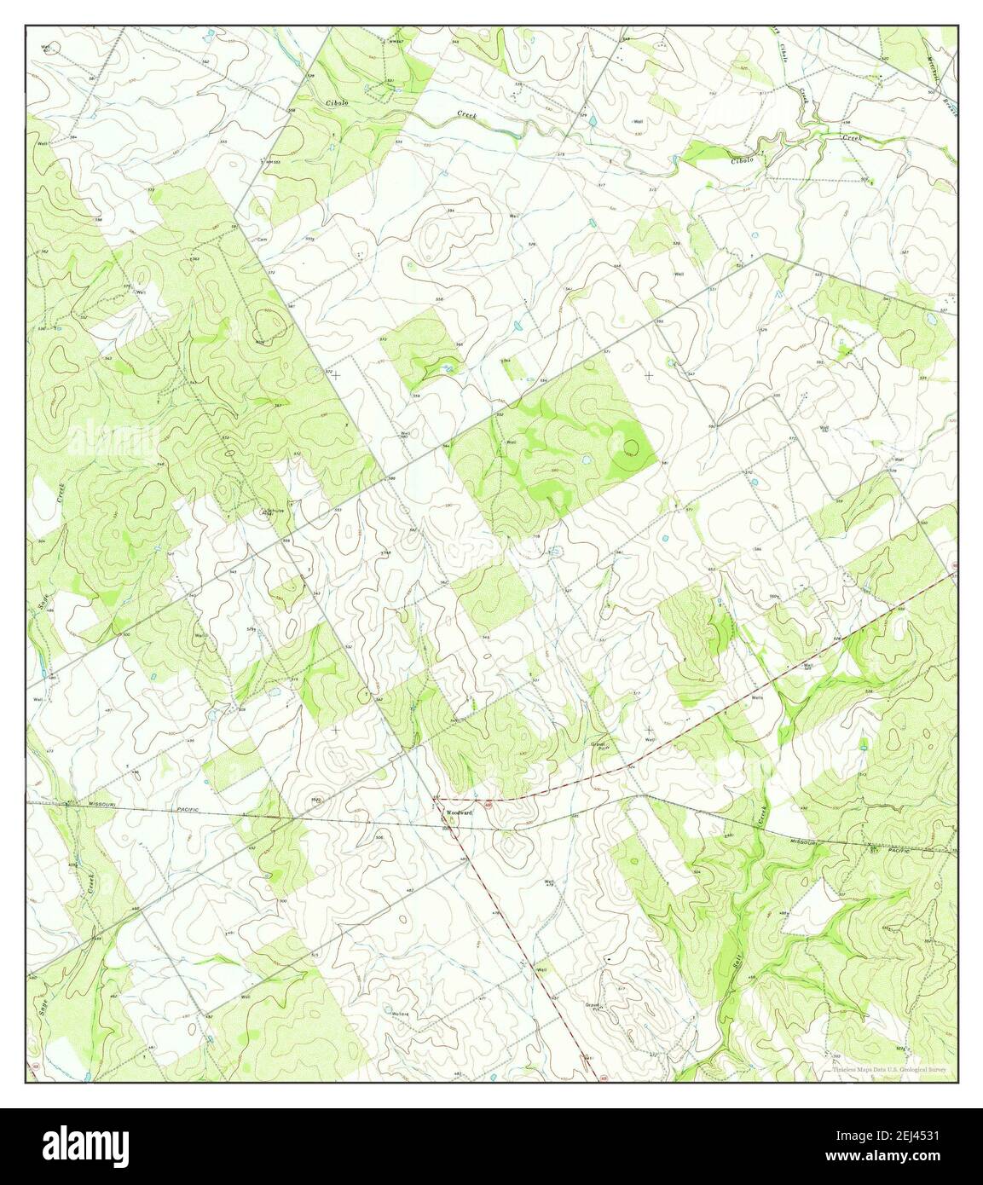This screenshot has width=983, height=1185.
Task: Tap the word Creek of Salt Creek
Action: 762,818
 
